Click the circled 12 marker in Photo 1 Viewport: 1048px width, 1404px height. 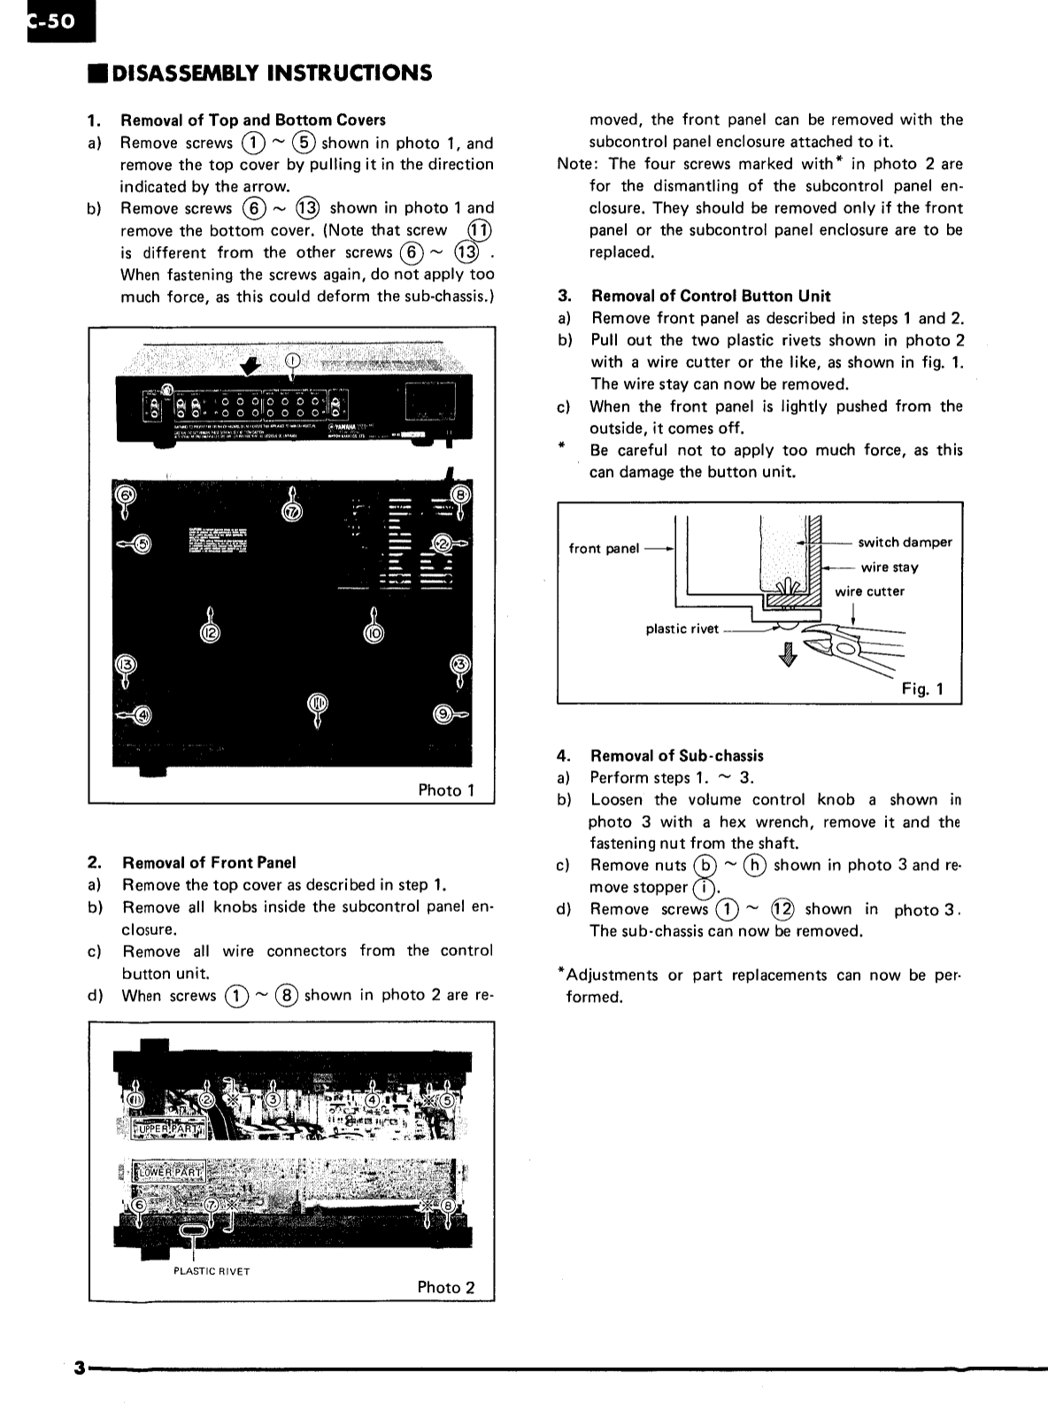pyautogui.click(x=210, y=633)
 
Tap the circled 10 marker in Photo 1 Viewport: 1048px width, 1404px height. pyautogui.click(x=374, y=633)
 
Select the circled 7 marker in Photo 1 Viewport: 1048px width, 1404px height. pyautogui.click(x=293, y=513)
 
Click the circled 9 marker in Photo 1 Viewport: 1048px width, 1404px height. pyautogui.click(x=445, y=714)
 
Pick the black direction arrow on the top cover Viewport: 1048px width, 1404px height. pyautogui.click(x=253, y=366)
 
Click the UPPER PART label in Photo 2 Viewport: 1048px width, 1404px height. pyautogui.click(x=168, y=1130)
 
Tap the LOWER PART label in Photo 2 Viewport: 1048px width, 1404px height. pyautogui.click(x=168, y=1173)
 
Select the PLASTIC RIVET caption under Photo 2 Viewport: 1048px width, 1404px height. pyautogui.click(x=212, y=1271)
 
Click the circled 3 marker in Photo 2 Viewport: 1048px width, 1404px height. pyautogui.click(x=274, y=1099)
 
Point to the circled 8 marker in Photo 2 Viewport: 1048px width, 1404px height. pyautogui.click(x=448, y=1206)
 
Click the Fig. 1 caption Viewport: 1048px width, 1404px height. pyautogui.click(x=922, y=689)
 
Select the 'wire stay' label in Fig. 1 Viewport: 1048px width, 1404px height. pyautogui.click(x=889, y=567)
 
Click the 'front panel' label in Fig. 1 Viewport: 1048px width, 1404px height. pyautogui.click(x=603, y=549)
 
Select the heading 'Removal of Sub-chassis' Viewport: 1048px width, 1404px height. pyautogui.click(x=676, y=756)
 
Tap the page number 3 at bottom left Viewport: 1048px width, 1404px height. pyautogui.click(x=79, y=1369)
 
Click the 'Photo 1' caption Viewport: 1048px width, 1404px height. pyautogui.click(x=446, y=791)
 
